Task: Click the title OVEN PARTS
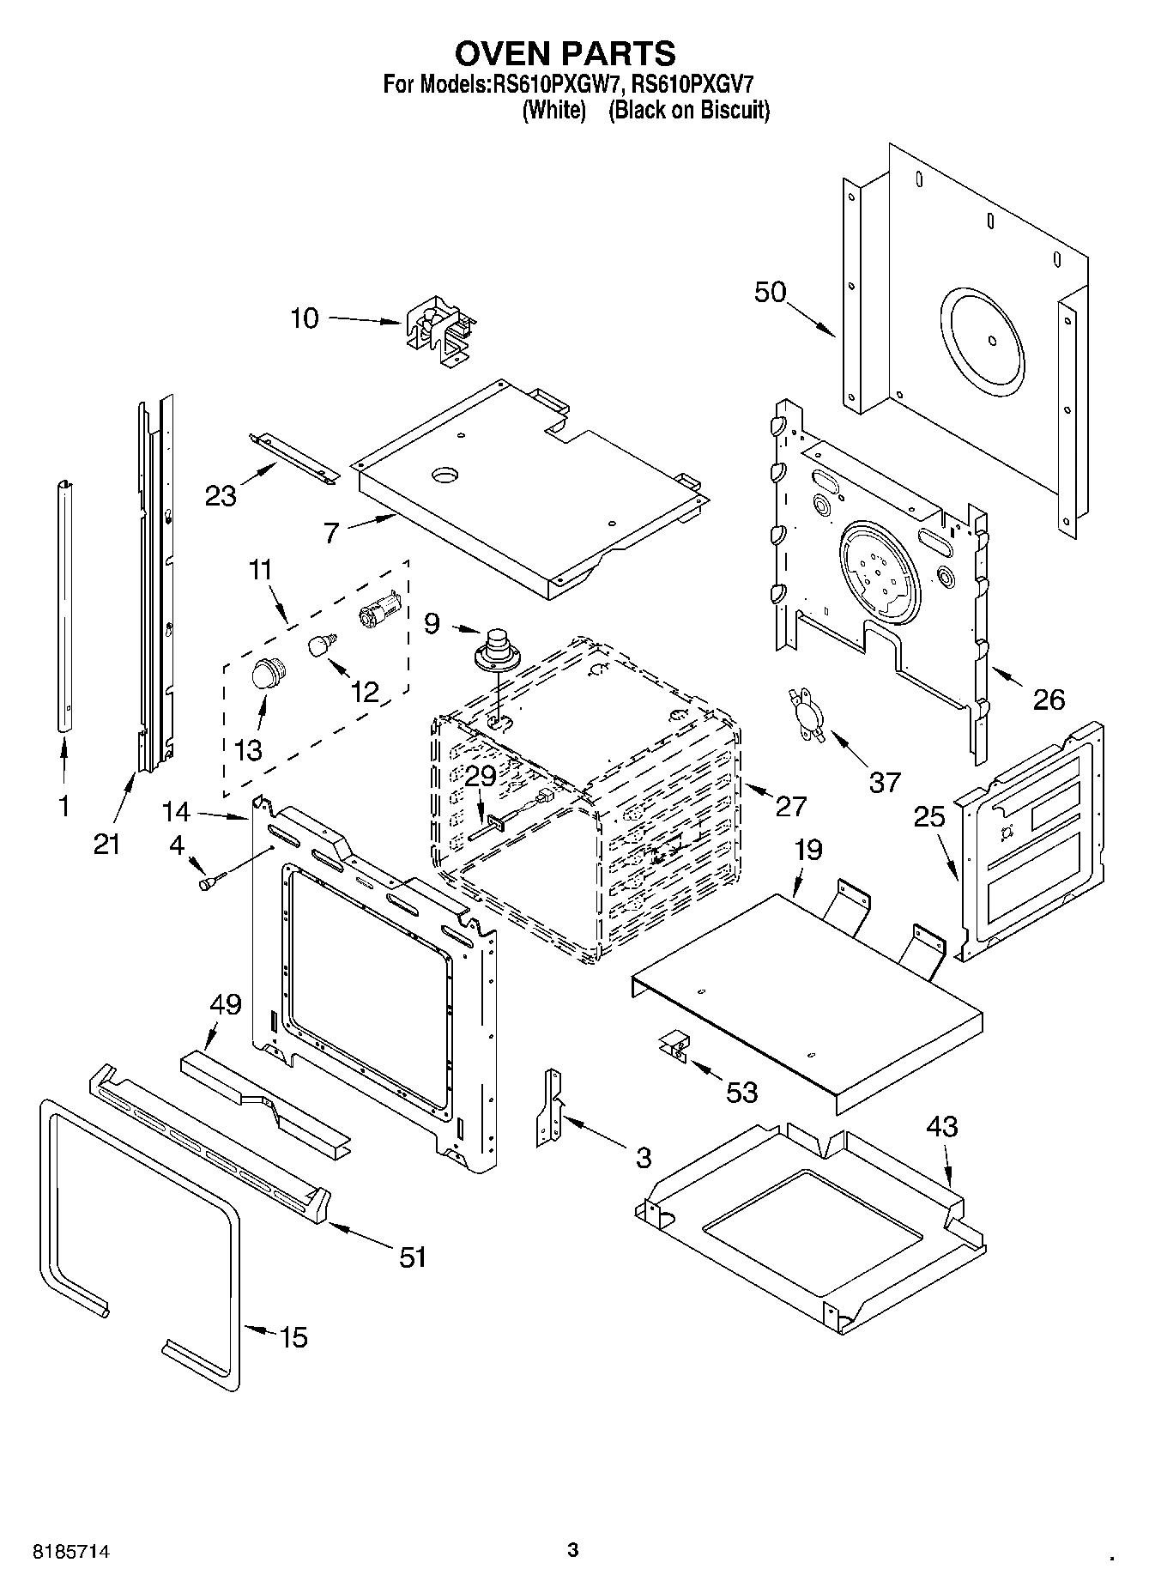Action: (565, 53)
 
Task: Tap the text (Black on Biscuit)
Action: (689, 111)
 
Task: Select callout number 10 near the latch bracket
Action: (304, 318)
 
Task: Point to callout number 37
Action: (885, 781)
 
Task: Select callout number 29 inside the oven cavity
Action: (481, 776)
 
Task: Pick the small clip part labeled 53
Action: (674, 1046)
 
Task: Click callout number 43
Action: (941, 1125)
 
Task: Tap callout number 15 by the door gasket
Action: (293, 1336)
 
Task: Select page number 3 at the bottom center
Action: (573, 1550)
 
